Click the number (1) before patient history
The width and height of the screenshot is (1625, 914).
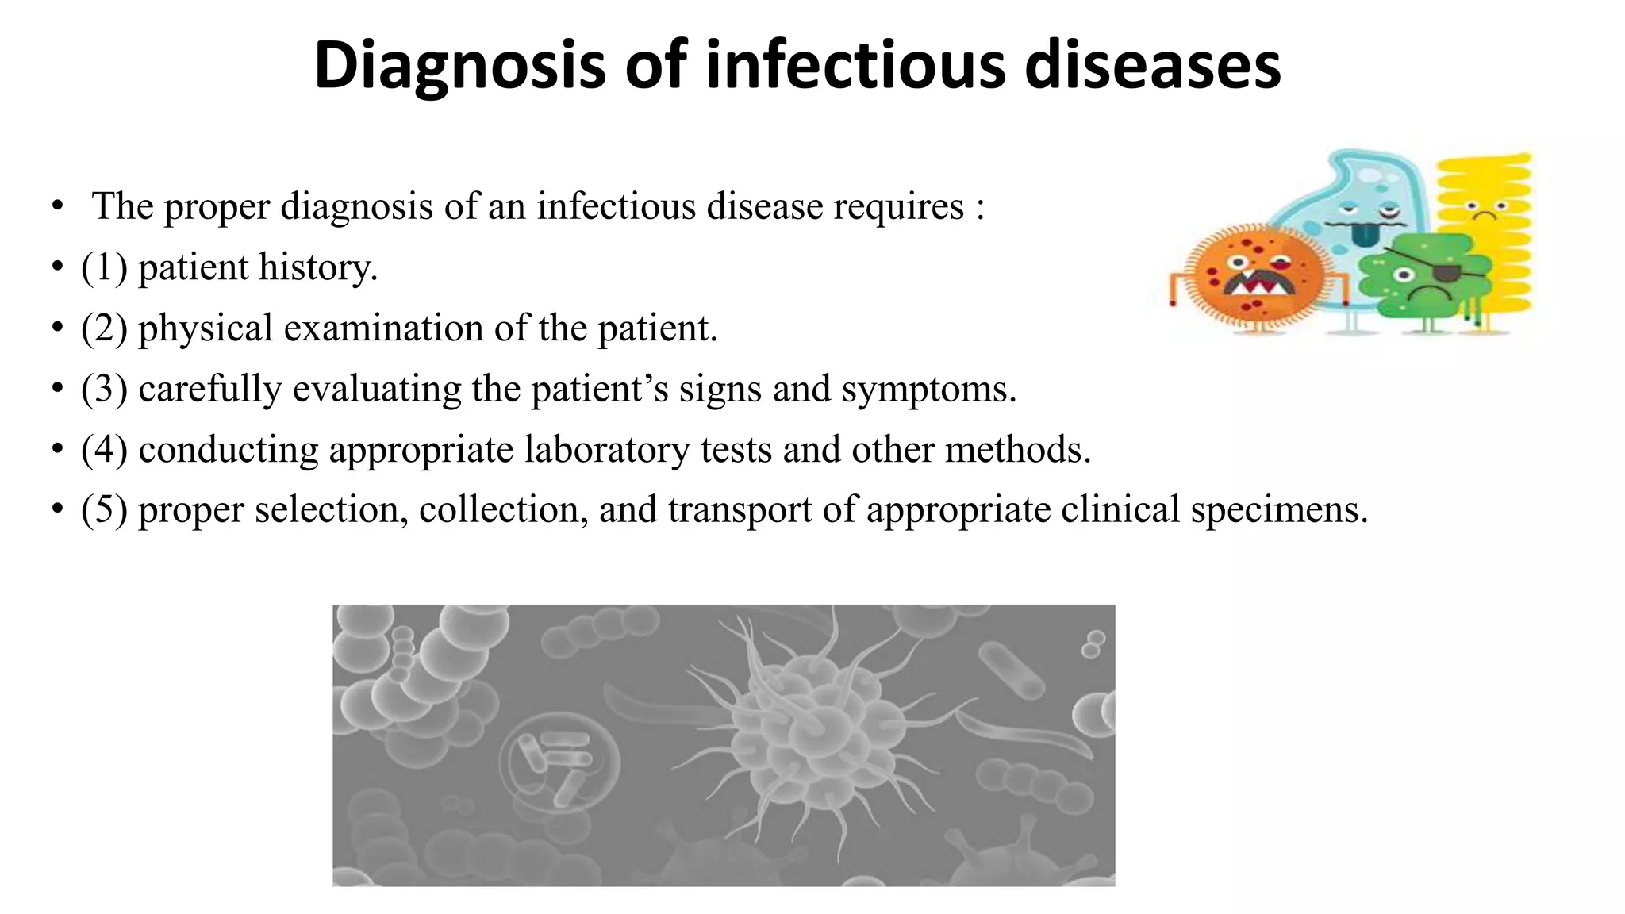tap(104, 267)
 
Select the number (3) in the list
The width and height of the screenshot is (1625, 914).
tap(104, 390)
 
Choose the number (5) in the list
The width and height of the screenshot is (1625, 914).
tap(104, 509)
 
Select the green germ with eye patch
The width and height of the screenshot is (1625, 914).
tap(1424, 278)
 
